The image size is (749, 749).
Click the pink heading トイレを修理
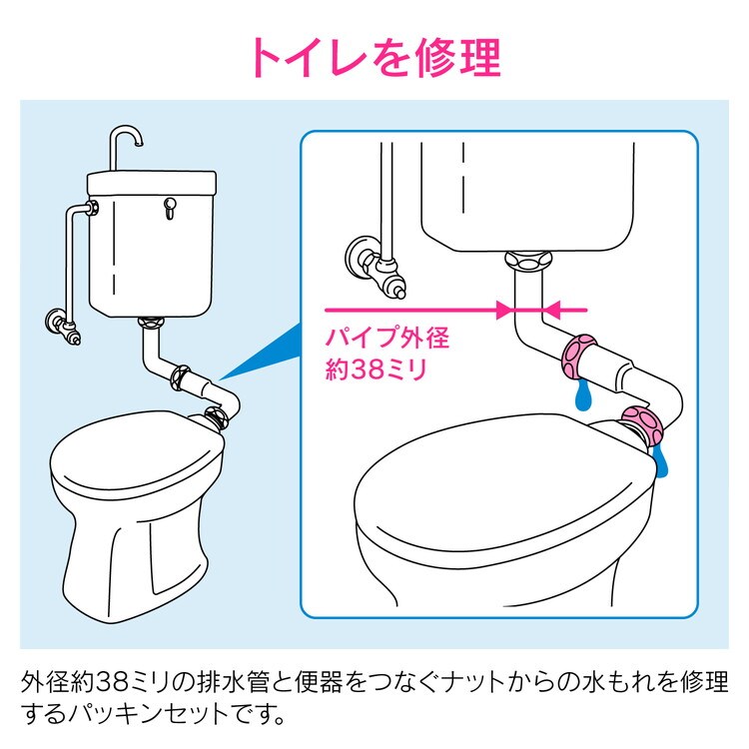pyautogui.click(x=375, y=57)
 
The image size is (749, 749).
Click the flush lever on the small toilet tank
pyautogui.click(x=169, y=208)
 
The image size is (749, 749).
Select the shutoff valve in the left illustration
pyautogui.click(x=63, y=326)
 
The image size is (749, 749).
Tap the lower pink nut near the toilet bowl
pyautogui.click(x=642, y=425)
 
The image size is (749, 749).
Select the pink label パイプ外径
pyautogui.click(x=387, y=338)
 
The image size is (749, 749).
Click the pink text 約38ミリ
pyautogui.click(x=375, y=369)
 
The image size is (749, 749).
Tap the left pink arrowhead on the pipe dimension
pyautogui.click(x=505, y=310)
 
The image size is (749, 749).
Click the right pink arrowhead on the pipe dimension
pyautogui.click(x=552, y=310)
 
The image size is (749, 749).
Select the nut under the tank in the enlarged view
pyautogui.click(x=528, y=261)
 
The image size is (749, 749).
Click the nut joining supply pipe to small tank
pyautogui.click(x=94, y=208)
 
